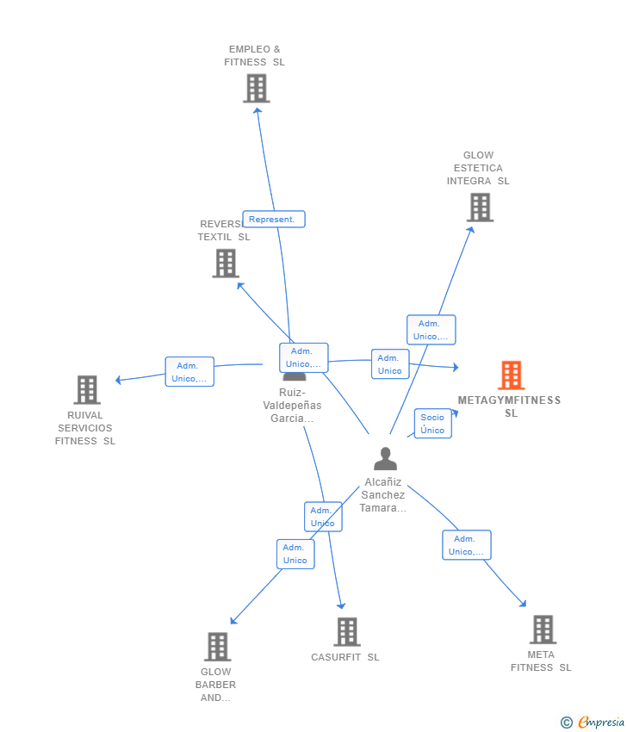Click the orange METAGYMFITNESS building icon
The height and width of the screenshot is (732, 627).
click(x=511, y=375)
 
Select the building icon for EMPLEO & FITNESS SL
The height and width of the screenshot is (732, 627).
click(x=256, y=88)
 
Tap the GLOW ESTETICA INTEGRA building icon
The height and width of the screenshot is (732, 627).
click(x=480, y=208)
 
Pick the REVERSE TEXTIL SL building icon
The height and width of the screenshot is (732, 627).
click(x=226, y=263)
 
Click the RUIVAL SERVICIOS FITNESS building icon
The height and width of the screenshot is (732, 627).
click(x=86, y=390)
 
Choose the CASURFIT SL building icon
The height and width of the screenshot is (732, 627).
click(x=346, y=631)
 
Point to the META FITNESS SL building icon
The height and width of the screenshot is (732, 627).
click(x=542, y=630)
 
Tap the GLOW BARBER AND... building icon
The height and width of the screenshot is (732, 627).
click(x=217, y=646)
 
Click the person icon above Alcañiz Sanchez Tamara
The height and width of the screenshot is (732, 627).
click(x=385, y=458)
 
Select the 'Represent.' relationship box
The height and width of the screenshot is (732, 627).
click(x=273, y=219)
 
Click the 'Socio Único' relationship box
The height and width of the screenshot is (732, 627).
click(x=432, y=424)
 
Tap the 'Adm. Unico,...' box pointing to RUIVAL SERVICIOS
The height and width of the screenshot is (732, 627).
click(x=189, y=372)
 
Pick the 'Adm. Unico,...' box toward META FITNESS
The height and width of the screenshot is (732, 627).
click(x=467, y=545)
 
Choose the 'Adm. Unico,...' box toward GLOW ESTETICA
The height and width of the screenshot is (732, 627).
click(x=431, y=330)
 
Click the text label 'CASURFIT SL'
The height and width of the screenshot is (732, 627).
click(x=345, y=657)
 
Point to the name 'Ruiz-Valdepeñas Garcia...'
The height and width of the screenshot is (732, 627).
click(x=292, y=405)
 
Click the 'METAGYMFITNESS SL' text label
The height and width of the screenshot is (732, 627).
click(x=510, y=406)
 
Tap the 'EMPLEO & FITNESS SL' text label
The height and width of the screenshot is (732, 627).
click(x=254, y=56)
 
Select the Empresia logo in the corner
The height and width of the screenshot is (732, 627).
click(x=593, y=722)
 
